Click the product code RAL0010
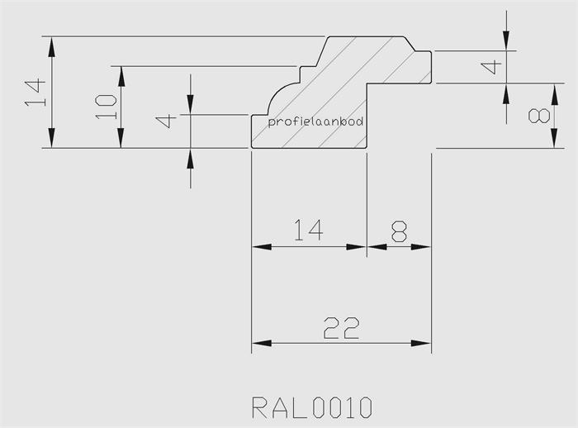[312, 407]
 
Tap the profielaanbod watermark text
[316, 121]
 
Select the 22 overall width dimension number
[341, 328]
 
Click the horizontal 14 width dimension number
[307, 231]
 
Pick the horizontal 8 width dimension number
[399, 231]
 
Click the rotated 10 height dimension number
[105, 106]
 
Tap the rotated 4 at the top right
[494, 67]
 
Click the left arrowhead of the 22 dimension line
[259, 343]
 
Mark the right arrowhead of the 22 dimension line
[424, 343]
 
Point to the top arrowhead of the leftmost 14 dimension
[52, 45]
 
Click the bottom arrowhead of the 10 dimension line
[121, 140]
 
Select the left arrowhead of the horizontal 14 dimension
[259, 246]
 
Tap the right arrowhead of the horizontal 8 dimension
[424, 246]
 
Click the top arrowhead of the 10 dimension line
[121, 74]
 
